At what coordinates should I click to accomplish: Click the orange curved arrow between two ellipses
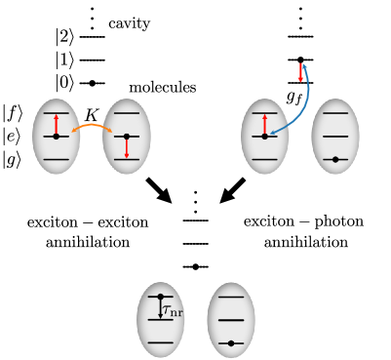coord(92,125)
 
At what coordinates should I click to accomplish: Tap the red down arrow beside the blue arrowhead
coord(300,73)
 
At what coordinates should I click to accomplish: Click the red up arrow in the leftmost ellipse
coord(57,124)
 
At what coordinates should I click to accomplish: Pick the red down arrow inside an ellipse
coord(127,147)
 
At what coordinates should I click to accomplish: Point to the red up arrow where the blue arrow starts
coord(264,124)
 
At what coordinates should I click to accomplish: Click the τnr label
coord(173,311)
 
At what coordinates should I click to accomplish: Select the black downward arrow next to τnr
coord(161,307)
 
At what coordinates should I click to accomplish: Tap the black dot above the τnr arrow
coord(161,297)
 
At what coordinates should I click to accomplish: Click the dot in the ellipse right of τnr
coord(231,342)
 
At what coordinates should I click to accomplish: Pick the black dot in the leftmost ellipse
coord(56,137)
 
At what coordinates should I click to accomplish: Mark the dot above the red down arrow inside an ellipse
coord(127,137)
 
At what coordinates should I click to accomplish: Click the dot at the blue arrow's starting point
coord(264,137)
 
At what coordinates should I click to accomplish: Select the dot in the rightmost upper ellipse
coord(335,159)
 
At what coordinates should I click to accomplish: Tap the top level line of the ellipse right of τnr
coord(231,297)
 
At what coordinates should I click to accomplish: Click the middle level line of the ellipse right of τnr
coord(231,320)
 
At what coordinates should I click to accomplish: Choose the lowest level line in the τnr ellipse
coord(161,342)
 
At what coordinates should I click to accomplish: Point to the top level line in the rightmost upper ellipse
coord(335,113)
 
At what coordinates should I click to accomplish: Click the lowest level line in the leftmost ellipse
coord(57,159)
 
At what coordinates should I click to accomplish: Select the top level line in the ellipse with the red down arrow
coord(127,113)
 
